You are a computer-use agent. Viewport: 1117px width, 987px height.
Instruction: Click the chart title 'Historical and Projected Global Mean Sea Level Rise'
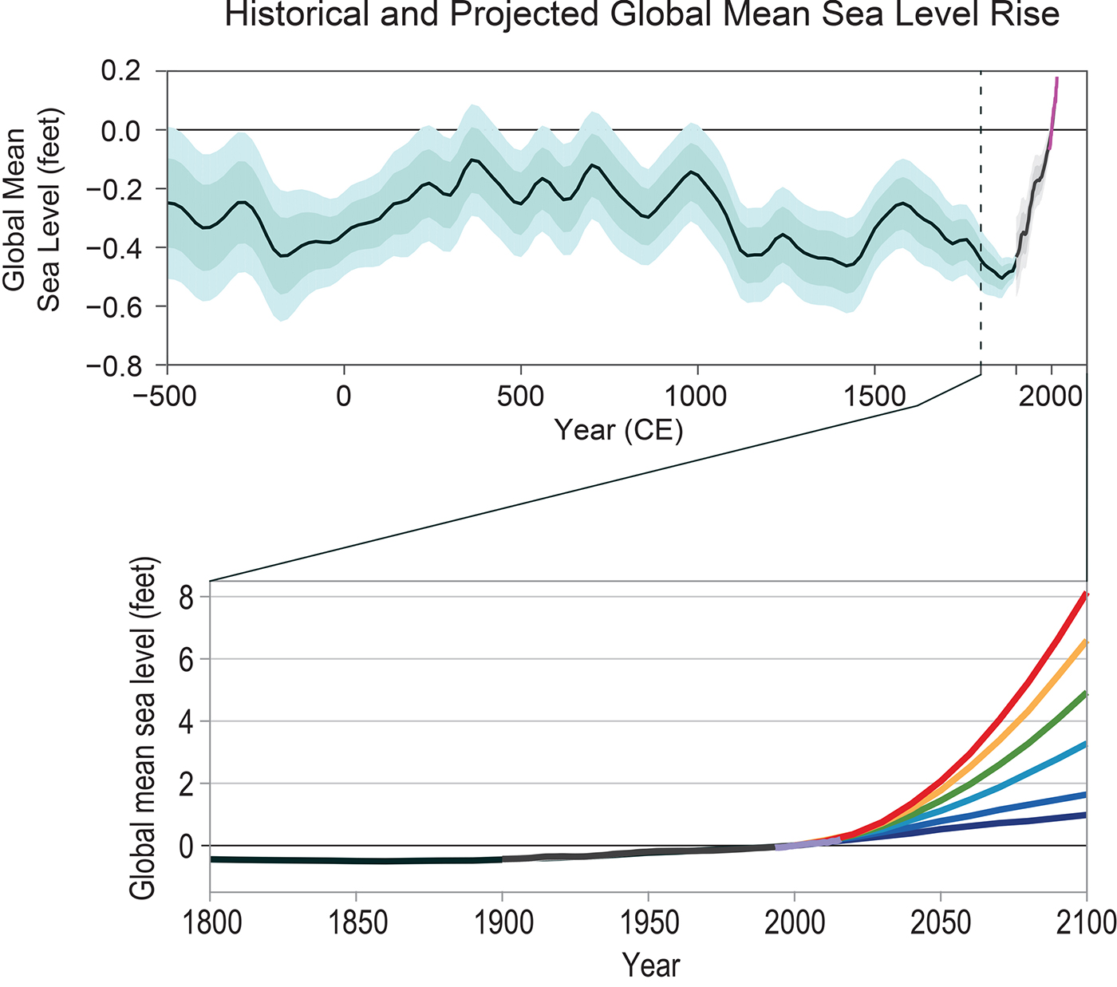641,14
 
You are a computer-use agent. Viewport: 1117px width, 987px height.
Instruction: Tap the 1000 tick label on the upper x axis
697,396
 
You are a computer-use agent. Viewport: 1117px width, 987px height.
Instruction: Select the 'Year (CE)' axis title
618,430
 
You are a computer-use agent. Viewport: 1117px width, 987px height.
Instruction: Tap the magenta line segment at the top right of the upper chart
1053,112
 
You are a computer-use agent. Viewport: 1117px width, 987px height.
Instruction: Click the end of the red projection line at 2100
1084,595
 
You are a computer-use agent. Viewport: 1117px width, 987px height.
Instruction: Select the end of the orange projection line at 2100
1084,642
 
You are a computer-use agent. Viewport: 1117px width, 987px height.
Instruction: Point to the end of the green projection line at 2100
1084,695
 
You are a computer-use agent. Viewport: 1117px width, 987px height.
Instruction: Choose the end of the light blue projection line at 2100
1084,744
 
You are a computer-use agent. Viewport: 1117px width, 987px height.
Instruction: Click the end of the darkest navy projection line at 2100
1084,815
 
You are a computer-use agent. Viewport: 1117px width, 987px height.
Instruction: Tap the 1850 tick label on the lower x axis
357,923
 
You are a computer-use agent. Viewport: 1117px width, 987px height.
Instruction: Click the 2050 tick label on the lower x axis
941,923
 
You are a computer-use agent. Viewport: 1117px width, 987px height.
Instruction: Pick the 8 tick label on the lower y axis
187,598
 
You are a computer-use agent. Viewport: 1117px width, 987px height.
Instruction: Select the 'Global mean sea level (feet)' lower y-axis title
144,728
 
